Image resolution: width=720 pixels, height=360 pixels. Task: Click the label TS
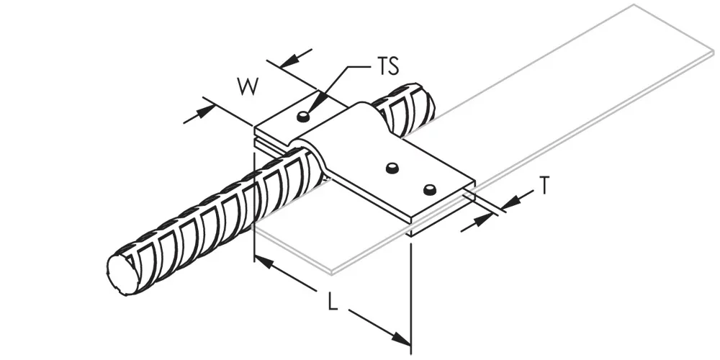tap(387, 66)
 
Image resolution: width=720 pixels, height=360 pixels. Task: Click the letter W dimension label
tap(248, 86)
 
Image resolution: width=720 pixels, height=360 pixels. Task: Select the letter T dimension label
tap(544, 186)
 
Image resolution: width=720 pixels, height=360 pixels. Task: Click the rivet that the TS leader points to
tap(302, 117)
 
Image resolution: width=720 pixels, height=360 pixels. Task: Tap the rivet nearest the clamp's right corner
tap(429, 189)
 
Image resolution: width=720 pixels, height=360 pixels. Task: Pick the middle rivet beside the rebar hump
tap(392, 168)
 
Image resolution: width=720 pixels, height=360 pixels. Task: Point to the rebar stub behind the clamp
tap(404, 110)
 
